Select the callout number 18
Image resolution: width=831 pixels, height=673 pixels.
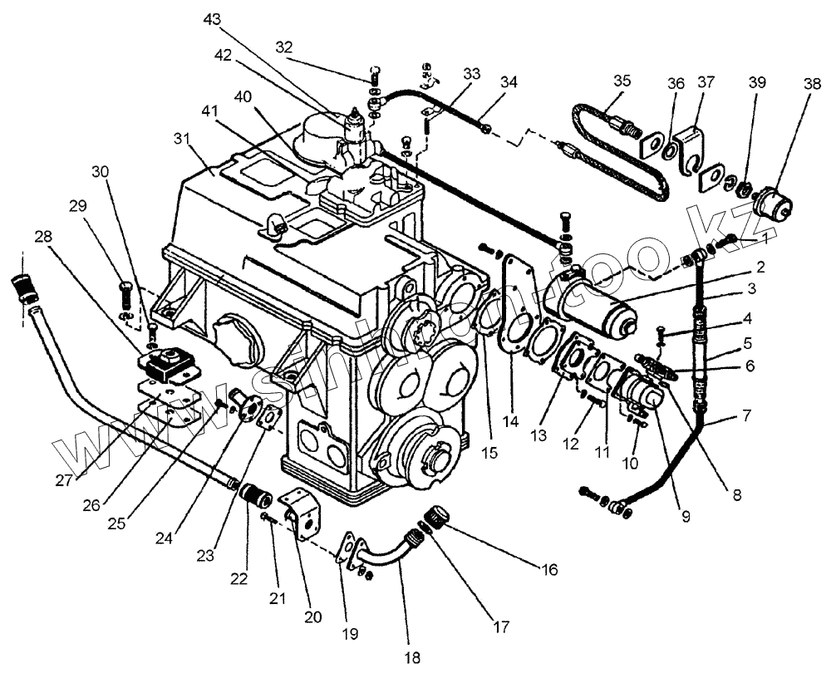point(412,657)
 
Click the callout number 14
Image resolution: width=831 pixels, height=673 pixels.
point(510,421)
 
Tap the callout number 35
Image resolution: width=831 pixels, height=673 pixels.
point(622,81)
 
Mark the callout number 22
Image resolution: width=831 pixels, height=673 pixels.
point(239,578)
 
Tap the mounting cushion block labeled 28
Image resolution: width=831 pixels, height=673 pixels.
point(168,365)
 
